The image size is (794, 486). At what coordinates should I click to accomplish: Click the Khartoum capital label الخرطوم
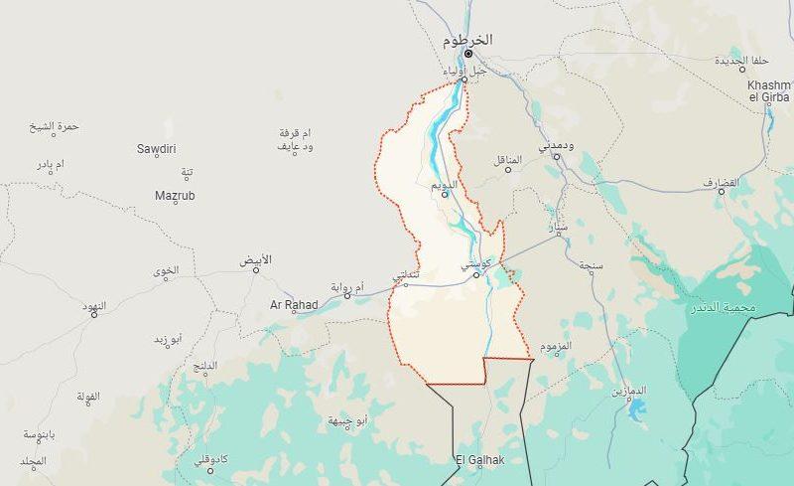pyautogui.click(x=466, y=40)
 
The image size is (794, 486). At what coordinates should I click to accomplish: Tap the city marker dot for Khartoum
pyautogui.click(x=469, y=53)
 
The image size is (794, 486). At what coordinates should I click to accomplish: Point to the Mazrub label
pyautogui.click(x=175, y=196)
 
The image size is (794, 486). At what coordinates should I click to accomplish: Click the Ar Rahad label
pyautogui.click(x=294, y=305)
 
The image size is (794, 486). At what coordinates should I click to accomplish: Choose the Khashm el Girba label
pyautogui.click(x=769, y=90)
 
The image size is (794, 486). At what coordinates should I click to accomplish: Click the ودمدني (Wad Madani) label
pyautogui.click(x=556, y=146)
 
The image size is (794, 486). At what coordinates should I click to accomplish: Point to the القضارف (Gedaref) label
pyautogui.click(x=722, y=184)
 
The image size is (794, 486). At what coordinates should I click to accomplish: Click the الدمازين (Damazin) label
pyautogui.click(x=627, y=392)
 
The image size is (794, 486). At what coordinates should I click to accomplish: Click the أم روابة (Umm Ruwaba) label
pyautogui.click(x=348, y=286)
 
